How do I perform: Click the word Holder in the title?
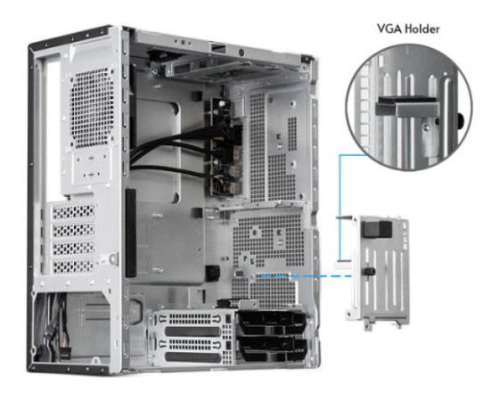(x=419, y=29)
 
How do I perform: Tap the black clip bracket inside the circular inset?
(x=405, y=106)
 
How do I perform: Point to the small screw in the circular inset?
(x=427, y=127)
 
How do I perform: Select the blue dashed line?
(x=307, y=276)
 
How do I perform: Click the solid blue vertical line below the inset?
(x=339, y=208)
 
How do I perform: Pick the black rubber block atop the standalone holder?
(x=377, y=229)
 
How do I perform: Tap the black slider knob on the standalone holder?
(x=369, y=272)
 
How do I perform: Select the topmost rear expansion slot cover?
(x=73, y=212)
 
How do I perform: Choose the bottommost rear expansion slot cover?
(x=73, y=266)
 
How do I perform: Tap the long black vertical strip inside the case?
(x=130, y=233)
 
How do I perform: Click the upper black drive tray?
(x=272, y=323)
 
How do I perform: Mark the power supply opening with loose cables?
(x=71, y=328)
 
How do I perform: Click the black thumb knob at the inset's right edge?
(x=461, y=121)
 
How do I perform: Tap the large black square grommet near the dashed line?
(x=212, y=273)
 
